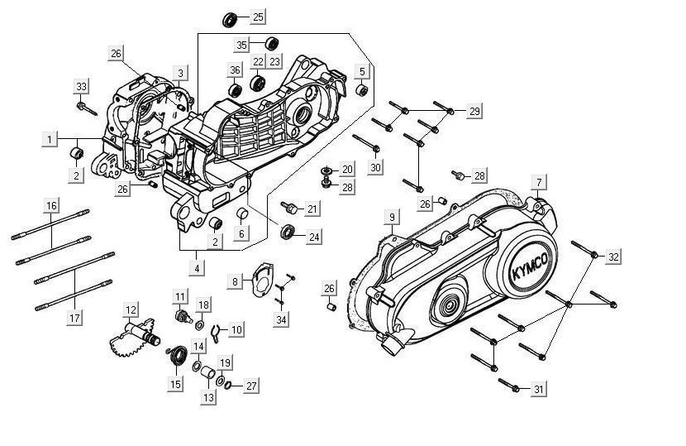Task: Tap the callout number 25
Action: click(x=258, y=17)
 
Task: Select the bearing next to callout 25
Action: click(x=231, y=18)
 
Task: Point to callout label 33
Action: click(x=81, y=87)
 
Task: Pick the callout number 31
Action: click(x=538, y=389)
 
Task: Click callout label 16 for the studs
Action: click(x=51, y=205)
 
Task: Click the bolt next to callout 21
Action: click(x=289, y=204)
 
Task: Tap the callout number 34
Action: click(x=283, y=319)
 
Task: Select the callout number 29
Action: click(x=474, y=111)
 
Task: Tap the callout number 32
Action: click(x=612, y=257)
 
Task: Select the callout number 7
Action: click(x=538, y=182)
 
